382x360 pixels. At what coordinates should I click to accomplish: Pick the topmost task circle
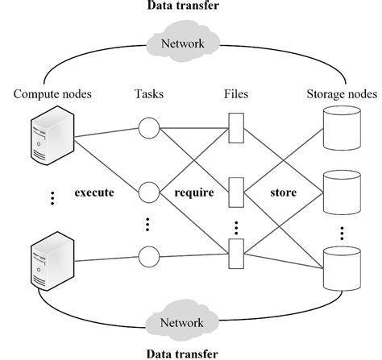[147, 128]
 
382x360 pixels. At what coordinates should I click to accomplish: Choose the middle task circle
[147, 192]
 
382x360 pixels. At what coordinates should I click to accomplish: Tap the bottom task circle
[147, 256]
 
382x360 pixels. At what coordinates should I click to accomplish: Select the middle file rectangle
[235, 191]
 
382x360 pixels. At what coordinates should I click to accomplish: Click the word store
[284, 193]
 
